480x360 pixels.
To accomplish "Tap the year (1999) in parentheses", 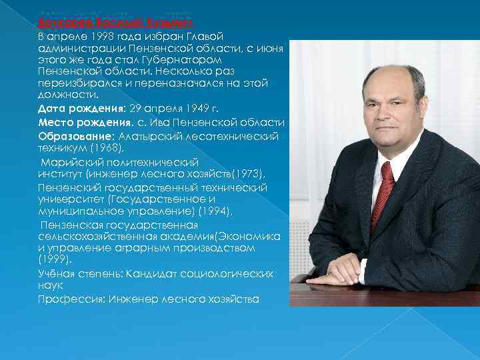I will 53,259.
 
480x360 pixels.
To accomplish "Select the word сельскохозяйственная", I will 94,237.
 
